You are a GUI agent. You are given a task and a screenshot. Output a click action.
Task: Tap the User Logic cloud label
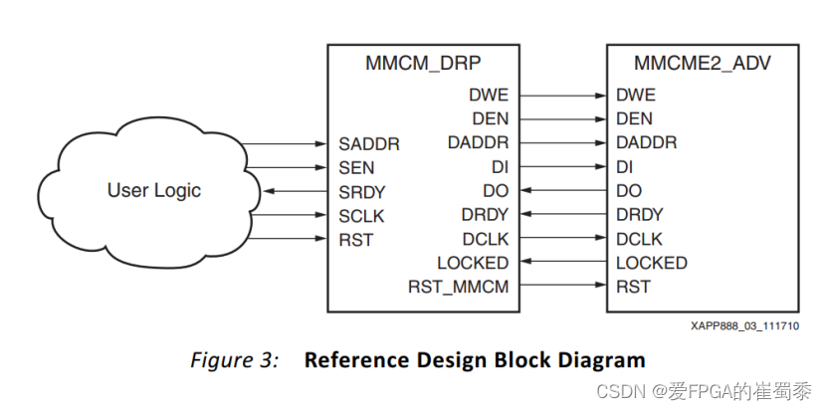tap(154, 190)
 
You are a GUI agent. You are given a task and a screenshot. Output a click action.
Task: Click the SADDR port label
tap(368, 143)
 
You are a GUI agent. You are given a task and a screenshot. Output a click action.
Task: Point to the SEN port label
tap(357, 167)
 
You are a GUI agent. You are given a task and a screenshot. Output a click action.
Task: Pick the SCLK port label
tap(361, 215)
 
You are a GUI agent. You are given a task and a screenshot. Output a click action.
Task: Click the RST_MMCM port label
tap(458, 287)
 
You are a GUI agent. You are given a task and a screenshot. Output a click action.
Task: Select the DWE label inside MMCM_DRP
tap(488, 96)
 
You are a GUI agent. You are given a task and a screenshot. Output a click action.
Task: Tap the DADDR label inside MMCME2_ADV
tap(647, 143)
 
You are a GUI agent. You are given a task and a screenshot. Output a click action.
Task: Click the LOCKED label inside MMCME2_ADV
tap(652, 263)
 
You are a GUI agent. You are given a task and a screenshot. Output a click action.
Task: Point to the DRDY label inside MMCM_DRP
tap(485, 215)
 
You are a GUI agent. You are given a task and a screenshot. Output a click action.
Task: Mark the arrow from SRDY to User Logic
tap(295, 191)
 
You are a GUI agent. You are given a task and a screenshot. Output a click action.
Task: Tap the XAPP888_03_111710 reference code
tap(745, 325)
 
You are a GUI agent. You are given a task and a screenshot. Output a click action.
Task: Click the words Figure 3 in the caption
tap(234, 359)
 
